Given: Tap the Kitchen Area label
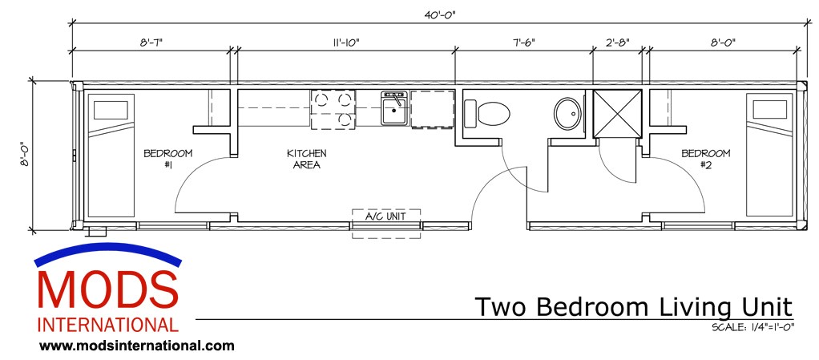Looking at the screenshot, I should coord(307,159).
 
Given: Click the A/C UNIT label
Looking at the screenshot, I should coord(386,217).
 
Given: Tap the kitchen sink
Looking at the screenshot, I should coord(393,108).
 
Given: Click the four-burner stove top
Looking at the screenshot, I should coord(333,109).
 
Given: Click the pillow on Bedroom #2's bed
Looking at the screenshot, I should coord(768,110).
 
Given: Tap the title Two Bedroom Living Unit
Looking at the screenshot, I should coord(633,307).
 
